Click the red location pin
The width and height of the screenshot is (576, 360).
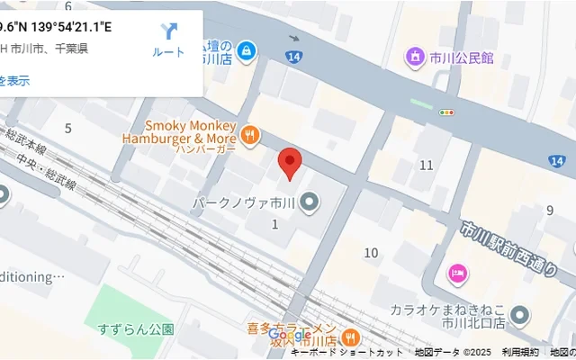coord(289,163)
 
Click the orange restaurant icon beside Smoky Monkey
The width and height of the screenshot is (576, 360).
coord(250,136)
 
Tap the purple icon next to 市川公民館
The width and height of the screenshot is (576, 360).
coord(415,58)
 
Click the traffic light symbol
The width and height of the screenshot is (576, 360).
coord(446,112)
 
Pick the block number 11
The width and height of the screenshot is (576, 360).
coord(427,165)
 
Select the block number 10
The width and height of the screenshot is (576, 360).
coord(371,253)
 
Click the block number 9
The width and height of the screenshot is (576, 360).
coord(549,211)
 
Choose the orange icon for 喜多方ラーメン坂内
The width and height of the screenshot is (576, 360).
coord(350,337)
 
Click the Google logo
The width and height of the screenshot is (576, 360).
coord(290,336)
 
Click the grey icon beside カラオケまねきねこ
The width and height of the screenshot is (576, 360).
coord(519,315)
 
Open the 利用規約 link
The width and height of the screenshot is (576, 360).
coord(520,353)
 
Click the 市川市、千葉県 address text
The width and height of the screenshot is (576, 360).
coord(49,49)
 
